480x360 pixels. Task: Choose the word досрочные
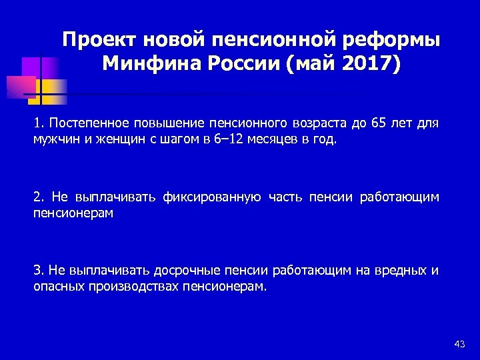[x=185, y=270]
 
